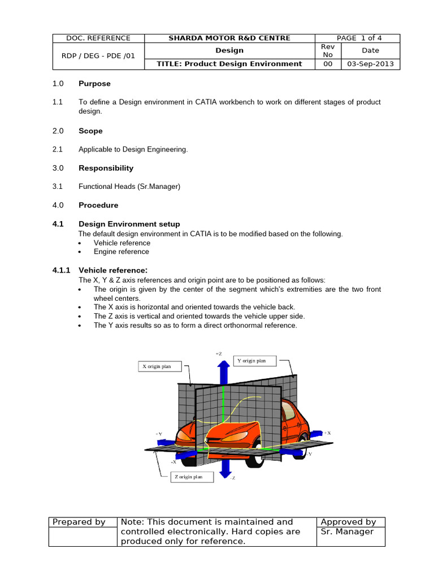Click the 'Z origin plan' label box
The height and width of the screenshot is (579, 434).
[x=192, y=477]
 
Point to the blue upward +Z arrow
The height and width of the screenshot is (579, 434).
[x=224, y=372]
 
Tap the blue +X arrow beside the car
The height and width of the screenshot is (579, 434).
[x=316, y=433]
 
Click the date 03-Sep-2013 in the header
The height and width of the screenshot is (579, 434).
[x=370, y=64]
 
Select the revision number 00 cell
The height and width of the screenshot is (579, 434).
[x=328, y=64]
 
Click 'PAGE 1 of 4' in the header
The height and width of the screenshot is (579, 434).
[x=359, y=38]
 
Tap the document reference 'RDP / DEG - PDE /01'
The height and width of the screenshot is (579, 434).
[x=98, y=55]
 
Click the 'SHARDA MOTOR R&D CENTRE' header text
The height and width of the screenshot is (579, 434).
[x=229, y=38]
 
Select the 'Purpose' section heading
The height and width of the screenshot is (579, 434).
[x=94, y=84]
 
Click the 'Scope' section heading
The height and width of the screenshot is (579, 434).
[x=90, y=131]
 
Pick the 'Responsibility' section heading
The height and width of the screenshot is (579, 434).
[x=106, y=168]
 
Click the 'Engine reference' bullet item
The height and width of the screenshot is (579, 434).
[x=121, y=252]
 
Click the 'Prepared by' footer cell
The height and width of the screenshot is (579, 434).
[x=79, y=522]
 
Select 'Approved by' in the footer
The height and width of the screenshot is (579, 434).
[x=348, y=522]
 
